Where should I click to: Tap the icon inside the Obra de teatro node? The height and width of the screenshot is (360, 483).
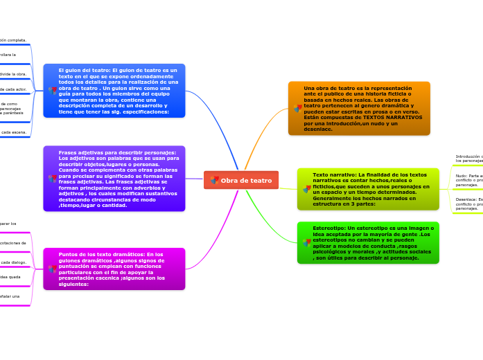(215, 180)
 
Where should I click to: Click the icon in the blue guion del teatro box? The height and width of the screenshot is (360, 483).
(53, 91)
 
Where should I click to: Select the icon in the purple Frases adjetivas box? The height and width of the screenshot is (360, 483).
(53, 179)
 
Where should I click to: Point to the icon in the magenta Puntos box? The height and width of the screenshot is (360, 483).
(53, 268)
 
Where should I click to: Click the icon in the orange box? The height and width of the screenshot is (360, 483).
(298, 109)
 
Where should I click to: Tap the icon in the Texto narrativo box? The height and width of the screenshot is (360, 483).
(307, 189)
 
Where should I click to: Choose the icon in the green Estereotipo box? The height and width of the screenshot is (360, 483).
(307, 242)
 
